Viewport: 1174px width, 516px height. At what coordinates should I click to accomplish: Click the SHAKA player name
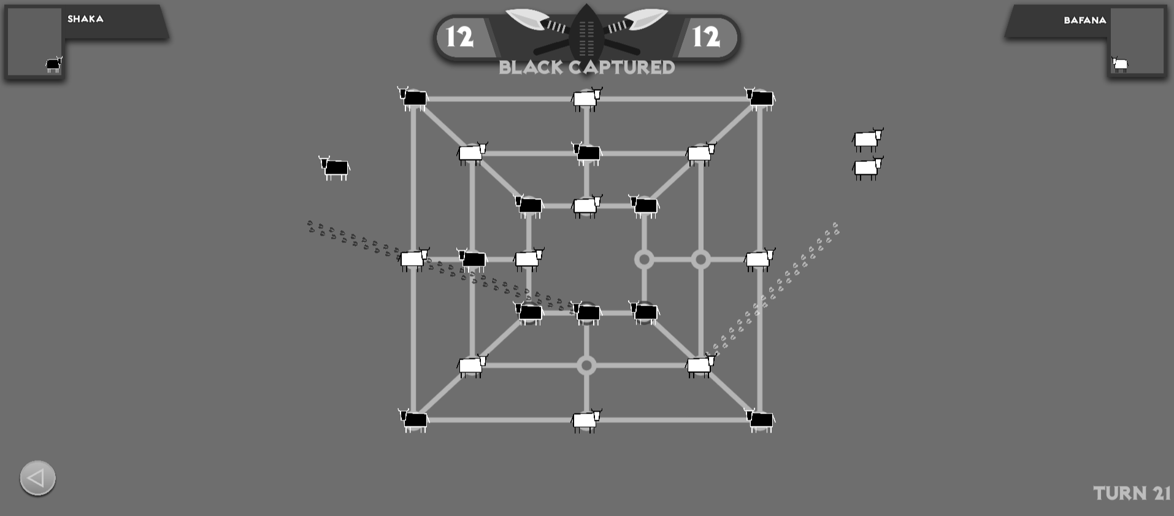pos(85,19)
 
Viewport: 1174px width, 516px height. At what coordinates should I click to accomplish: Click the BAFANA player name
pos(1085,20)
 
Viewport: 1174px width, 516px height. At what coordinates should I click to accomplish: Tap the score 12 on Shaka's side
pos(459,37)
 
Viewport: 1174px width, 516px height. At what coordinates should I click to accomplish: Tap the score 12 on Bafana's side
pos(706,37)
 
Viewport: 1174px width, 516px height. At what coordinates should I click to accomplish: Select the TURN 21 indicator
pos(1132,493)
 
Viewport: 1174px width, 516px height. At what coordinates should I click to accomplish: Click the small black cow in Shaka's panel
pos(54,64)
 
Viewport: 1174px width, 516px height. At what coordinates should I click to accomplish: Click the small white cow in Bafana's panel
pos(1120,64)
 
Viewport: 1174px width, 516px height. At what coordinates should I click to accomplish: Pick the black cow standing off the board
pos(334,168)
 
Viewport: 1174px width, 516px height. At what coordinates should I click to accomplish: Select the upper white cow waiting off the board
pos(868,139)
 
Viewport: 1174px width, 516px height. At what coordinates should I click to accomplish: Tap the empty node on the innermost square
pos(643,260)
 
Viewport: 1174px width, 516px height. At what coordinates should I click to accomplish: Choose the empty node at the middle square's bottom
pos(586,366)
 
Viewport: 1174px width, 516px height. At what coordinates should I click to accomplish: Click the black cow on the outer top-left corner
pos(413,98)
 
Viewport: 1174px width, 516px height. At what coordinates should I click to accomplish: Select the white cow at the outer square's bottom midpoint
pos(586,420)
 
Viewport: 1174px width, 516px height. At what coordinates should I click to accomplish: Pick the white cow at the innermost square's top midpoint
pos(587,206)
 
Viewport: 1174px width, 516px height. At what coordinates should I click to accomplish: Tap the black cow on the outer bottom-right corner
pos(760,420)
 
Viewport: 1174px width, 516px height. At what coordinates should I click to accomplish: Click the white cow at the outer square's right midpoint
pos(760,260)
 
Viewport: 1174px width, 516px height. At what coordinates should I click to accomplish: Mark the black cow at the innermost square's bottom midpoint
pos(586,313)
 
